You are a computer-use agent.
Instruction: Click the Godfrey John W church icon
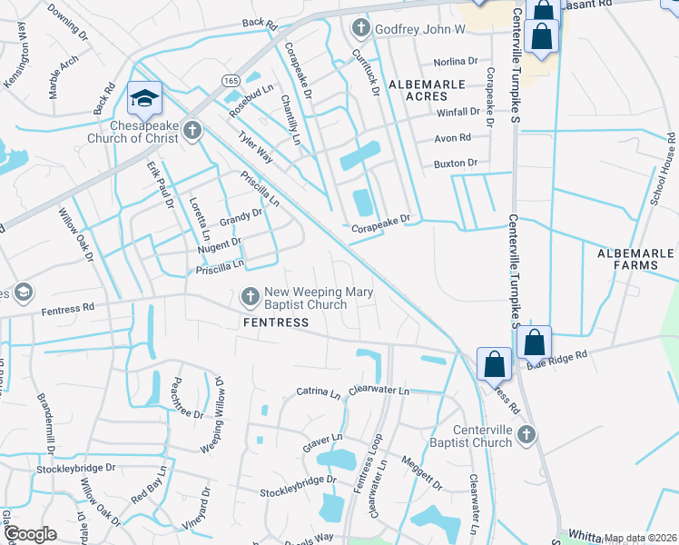coord(360,29)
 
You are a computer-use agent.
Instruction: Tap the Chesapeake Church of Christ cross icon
coord(191,132)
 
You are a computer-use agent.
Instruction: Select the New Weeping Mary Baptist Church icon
coord(250,296)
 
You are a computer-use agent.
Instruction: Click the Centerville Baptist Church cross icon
coord(524,437)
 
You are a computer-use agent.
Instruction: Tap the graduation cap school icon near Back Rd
coord(143,96)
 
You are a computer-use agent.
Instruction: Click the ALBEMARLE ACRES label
coord(426,84)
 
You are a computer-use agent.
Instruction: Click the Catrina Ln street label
coord(318,391)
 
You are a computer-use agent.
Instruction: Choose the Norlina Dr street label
coord(455,62)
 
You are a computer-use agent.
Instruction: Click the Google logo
coord(30,534)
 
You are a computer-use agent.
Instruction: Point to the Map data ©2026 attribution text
coord(639,538)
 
